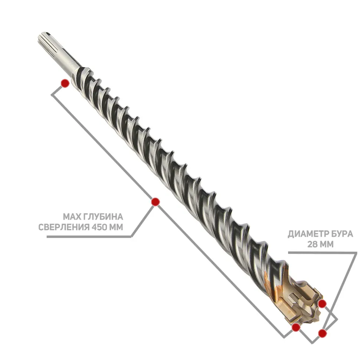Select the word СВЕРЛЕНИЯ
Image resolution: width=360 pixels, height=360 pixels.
point(64,227)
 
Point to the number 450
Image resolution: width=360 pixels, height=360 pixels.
point(99,227)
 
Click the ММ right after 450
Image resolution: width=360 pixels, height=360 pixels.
point(116,227)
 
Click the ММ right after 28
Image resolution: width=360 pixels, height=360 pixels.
point(326,244)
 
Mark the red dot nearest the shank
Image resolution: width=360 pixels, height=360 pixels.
point(65,83)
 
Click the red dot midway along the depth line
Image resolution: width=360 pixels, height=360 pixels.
point(156,202)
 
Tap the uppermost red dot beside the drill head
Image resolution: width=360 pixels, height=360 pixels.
point(323,304)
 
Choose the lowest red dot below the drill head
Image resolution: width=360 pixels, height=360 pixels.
point(323,333)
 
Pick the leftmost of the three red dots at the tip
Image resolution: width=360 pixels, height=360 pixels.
point(296,327)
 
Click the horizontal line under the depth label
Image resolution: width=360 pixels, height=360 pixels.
point(89,237)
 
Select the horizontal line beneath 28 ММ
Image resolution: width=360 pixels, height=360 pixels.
point(323,253)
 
